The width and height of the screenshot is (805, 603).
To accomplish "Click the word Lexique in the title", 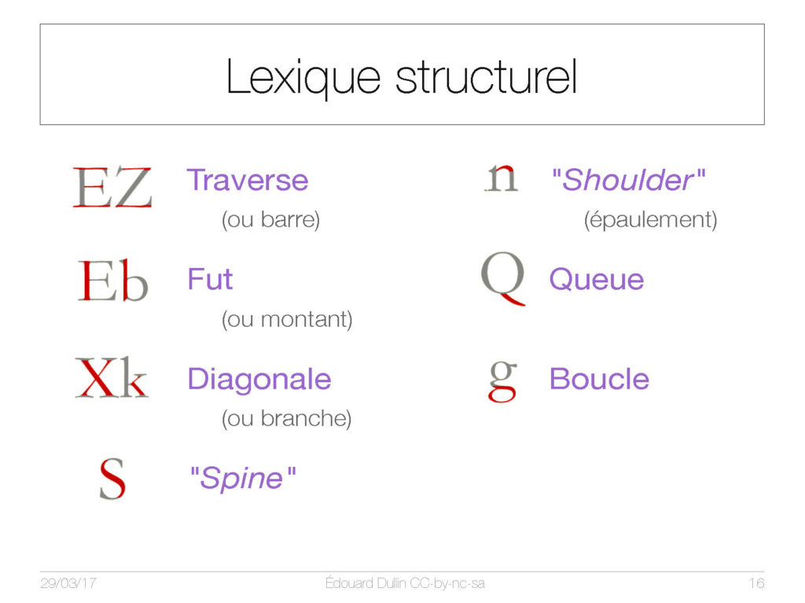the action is (303, 78).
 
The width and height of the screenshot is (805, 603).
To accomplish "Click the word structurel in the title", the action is (487, 76).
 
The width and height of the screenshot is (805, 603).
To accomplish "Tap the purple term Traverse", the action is (248, 180).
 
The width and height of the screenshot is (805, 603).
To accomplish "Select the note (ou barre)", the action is (270, 219).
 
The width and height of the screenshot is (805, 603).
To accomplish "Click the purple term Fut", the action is (210, 279).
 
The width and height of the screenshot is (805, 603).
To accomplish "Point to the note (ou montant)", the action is (287, 319).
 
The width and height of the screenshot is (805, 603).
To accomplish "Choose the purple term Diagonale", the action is (259, 379).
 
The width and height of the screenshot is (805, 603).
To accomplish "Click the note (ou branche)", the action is (286, 418).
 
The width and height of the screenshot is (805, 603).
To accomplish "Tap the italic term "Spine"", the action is (243, 478).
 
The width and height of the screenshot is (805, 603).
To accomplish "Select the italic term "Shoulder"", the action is (628, 180).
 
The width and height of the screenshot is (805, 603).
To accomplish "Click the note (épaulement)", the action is (650, 220).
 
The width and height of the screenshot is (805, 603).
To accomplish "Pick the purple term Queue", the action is (597, 279).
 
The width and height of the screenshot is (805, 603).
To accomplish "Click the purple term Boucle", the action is (599, 379).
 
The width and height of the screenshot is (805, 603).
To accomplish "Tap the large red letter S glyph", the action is (112, 479).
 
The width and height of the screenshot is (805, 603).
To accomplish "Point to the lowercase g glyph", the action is (502, 381).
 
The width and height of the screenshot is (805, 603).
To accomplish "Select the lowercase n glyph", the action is (501, 178).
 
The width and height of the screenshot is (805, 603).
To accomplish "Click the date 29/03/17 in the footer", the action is (68, 583).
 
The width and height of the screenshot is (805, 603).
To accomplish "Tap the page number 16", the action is (756, 583).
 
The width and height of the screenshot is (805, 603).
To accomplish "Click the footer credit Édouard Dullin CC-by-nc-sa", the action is (405, 583).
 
